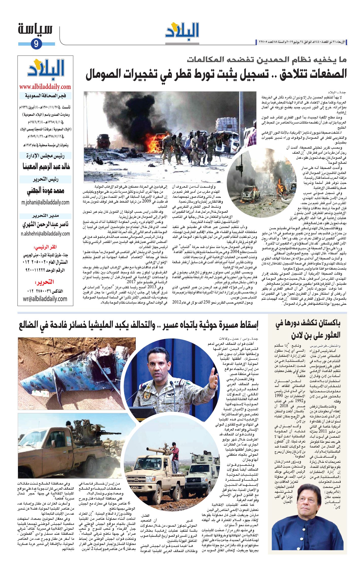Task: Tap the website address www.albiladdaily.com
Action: tap(45, 87)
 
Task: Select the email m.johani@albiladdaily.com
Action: tap(45, 202)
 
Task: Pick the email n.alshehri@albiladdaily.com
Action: tap(45, 234)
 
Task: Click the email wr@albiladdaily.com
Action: tap(45, 299)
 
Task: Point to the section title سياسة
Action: tap(35, 29)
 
